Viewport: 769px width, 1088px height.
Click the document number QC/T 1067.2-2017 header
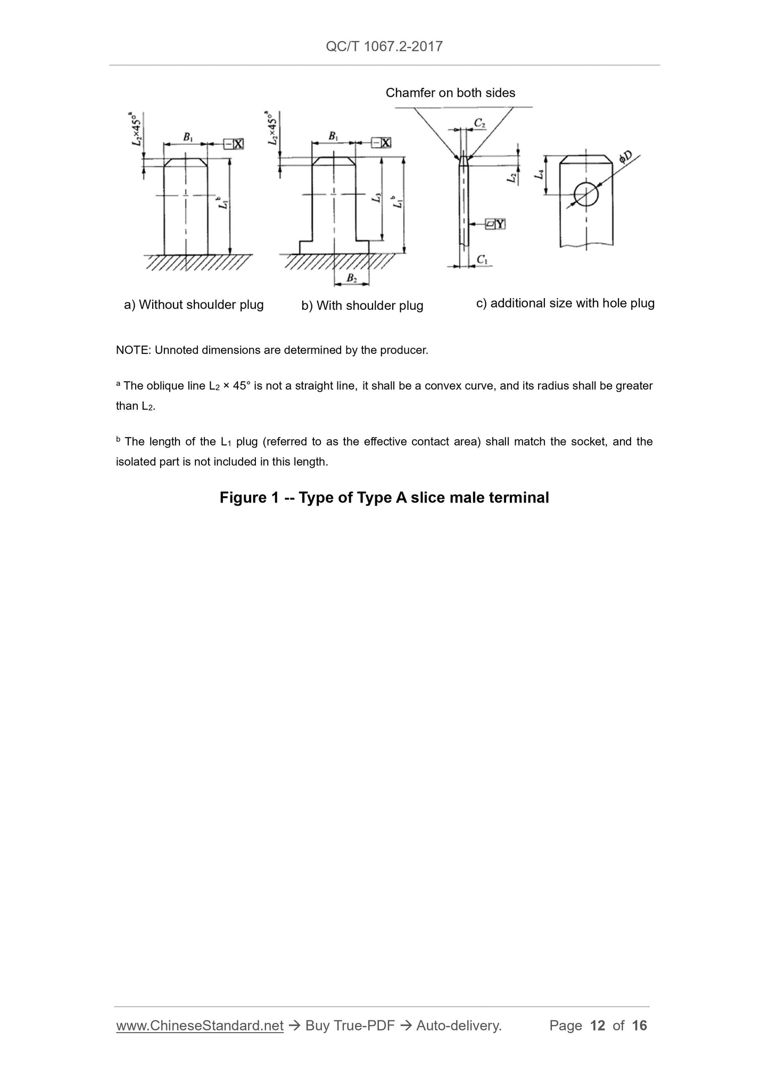(384, 46)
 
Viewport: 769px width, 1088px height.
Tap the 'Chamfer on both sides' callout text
(450, 93)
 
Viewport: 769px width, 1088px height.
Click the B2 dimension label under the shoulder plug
(351, 278)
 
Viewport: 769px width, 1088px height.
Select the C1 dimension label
(482, 259)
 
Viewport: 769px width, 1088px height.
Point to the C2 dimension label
(479, 123)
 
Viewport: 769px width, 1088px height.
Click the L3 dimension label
(377, 198)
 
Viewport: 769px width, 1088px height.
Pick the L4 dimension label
(540, 174)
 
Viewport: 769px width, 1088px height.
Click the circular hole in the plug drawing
(586, 194)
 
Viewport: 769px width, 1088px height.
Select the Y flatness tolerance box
(495, 225)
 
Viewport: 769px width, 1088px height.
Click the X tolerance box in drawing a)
(233, 144)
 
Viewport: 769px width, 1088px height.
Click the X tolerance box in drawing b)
(381, 143)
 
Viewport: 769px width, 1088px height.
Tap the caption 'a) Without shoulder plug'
(194, 305)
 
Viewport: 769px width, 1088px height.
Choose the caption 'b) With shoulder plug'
(362, 306)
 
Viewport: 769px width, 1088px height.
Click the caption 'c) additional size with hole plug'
(565, 303)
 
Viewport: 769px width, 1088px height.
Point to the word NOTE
(133, 350)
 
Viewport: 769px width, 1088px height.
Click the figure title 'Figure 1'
(249, 498)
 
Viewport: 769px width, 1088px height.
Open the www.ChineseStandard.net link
(200, 1026)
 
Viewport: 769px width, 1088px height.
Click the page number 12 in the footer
(598, 1026)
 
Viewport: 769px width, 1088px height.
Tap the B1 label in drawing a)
(188, 137)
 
